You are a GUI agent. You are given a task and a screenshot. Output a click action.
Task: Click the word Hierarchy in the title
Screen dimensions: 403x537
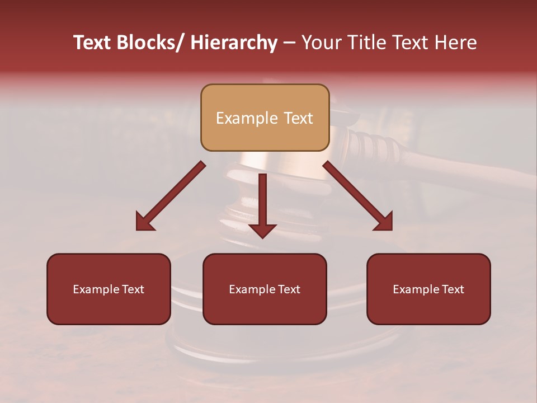[234, 43]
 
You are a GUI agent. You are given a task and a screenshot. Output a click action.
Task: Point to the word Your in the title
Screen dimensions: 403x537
[319, 43]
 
